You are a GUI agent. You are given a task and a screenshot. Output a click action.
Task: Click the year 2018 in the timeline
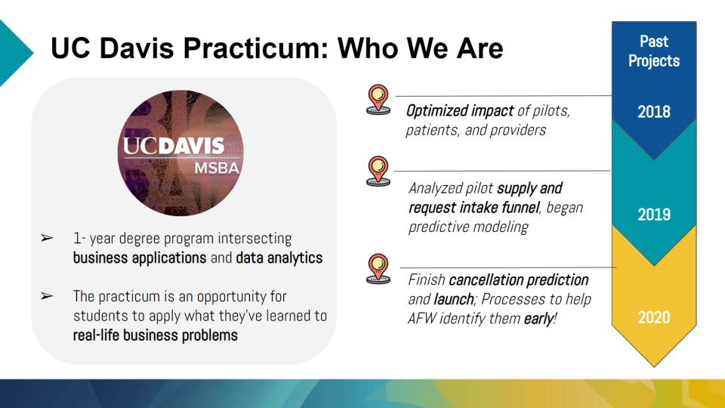pos(654,112)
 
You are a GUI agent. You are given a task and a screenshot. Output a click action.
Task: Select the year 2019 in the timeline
pos(654,214)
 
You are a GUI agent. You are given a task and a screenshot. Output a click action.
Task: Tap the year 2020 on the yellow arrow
pos(654,317)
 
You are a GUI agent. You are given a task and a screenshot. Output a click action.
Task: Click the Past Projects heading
pos(654,51)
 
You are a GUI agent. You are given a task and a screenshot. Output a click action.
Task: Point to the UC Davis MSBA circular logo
pos(180,153)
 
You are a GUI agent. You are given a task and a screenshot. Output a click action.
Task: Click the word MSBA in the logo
pos(217,168)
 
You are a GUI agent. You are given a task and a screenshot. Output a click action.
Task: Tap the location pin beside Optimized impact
pos(378,99)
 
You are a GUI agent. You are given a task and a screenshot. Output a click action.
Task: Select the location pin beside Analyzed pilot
pos(378,172)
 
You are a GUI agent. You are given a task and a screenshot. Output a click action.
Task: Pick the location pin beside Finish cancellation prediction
pos(378,269)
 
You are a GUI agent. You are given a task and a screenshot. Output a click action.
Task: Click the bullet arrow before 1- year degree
pos(47,238)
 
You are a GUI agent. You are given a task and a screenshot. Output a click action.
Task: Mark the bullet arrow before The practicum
pos(47,295)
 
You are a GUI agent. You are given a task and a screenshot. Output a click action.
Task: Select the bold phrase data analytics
pos(279,258)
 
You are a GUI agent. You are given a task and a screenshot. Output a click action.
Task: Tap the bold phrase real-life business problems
pos(156,335)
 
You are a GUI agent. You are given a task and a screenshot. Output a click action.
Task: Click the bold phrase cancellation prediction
pos(518,280)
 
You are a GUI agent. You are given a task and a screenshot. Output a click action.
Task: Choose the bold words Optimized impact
pos(460,111)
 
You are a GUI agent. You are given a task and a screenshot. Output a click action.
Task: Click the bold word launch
pos(454,299)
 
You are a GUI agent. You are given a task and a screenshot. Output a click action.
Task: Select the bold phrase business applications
pos(140,258)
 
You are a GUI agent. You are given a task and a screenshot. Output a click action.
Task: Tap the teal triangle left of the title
pos(14,53)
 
